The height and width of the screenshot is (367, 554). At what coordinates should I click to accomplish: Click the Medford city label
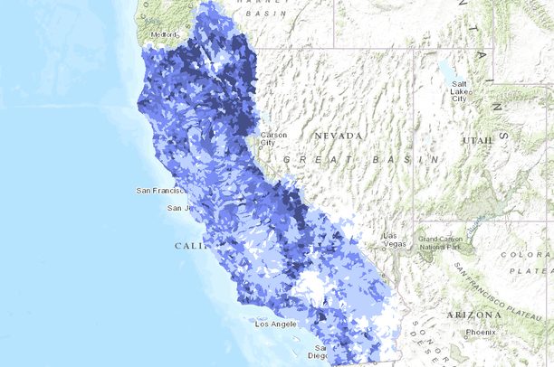[166, 35]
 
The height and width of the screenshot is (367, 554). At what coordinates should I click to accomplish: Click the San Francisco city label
[164, 191]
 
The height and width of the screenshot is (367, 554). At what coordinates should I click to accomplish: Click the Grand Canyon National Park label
[443, 243]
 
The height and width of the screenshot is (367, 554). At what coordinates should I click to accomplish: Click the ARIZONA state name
[473, 315]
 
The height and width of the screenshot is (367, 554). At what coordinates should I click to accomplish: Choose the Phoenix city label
[482, 332]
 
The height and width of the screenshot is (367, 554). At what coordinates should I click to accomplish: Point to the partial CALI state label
[191, 246]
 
